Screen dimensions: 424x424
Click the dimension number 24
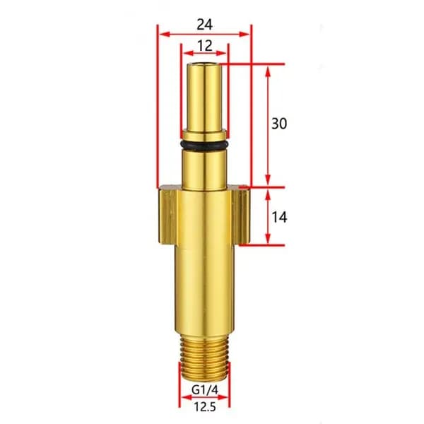click(x=204, y=25)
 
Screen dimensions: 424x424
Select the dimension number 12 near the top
click(x=205, y=46)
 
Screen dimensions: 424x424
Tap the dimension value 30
click(x=279, y=124)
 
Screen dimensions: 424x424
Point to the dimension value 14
click(x=279, y=217)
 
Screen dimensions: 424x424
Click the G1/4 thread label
click(x=204, y=390)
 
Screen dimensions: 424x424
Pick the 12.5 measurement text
click(x=205, y=407)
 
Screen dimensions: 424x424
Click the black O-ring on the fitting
click(x=205, y=145)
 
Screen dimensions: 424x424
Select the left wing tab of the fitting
click(x=167, y=215)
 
